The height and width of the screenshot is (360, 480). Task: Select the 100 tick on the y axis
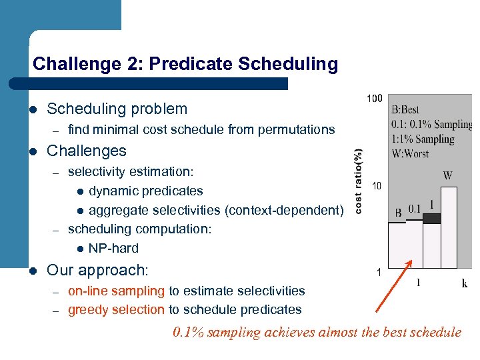tap(375, 99)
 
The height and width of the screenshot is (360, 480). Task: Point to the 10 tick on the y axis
tap(377, 186)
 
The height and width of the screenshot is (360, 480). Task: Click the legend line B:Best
tap(405, 110)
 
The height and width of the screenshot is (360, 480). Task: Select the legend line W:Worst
tap(410, 153)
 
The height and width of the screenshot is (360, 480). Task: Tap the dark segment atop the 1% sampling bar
tap(432, 218)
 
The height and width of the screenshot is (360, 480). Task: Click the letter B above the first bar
tap(397, 213)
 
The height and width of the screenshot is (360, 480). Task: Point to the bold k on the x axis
tap(464, 283)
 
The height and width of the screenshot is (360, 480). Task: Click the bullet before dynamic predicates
tap(79, 192)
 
